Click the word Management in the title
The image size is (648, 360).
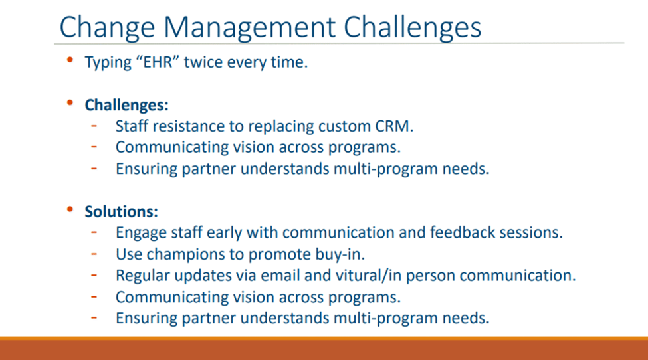coord(249,27)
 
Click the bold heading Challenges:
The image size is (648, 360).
coord(126,105)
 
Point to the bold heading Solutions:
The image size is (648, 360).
coord(121,211)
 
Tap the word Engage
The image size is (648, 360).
coord(141,233)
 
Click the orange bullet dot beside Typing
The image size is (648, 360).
coord(70,60)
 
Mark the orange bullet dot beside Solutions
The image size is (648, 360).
coord(70,209)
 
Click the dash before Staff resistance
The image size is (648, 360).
coord(94,125)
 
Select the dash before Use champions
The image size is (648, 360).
coord(94,253)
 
